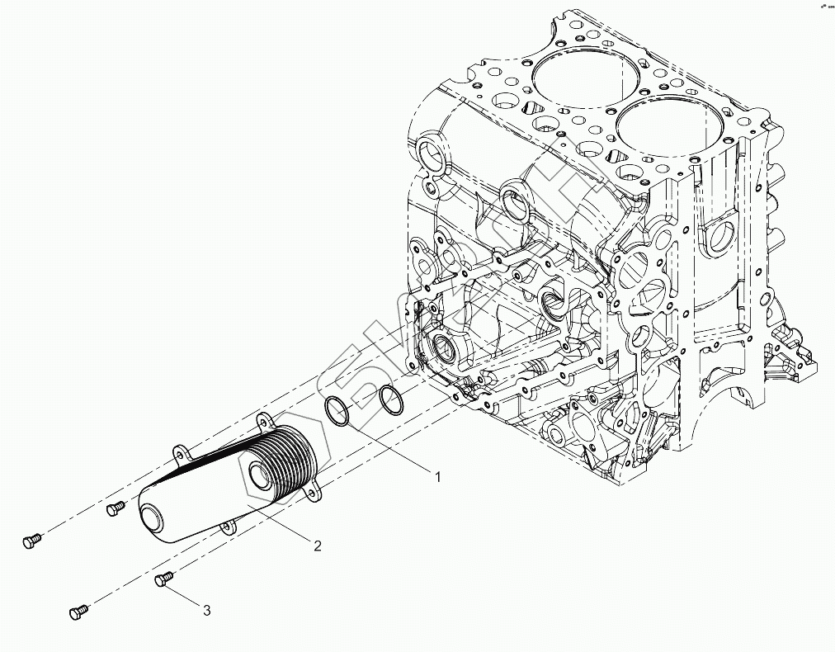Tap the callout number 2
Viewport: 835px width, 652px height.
click(316, 544)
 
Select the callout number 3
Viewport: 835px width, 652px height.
click(207, 610)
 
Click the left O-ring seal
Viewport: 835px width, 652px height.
click(337, 412)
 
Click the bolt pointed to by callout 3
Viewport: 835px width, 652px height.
click(163, 580)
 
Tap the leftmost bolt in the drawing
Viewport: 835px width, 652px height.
click(31, 541)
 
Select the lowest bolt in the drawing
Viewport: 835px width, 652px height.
click(79, 612)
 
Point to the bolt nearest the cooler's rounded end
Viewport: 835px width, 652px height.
click(116, 508)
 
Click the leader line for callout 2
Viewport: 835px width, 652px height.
click(277, 523)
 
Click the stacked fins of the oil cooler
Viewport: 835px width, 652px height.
click(285, 462)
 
